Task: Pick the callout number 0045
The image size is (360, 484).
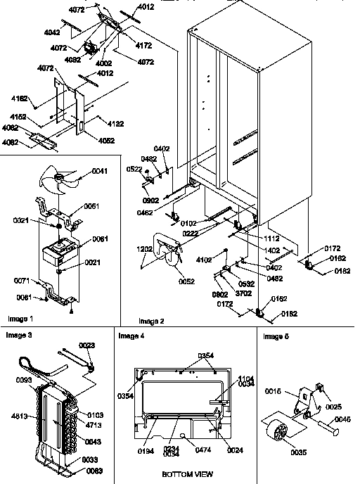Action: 341,419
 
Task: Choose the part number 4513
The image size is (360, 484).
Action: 21,416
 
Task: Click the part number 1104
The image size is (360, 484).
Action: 245,378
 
